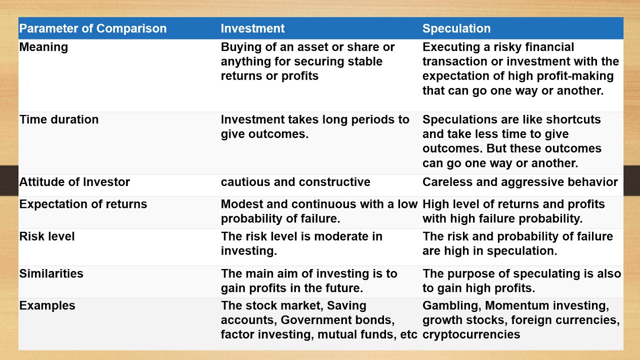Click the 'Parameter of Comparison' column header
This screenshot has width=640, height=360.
coord(93,28)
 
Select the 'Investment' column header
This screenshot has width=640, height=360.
coord(252,28)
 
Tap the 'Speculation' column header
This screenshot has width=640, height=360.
coord(456,28)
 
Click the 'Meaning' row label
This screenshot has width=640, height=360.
coord(43,47)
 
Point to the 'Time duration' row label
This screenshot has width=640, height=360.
coord(59,119)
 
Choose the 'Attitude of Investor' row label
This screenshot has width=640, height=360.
coord(74,182)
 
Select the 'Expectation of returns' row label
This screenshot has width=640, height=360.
coord(83,204)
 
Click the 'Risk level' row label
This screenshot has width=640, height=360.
coord(47,236)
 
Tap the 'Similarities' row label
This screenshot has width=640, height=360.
coord(51,273)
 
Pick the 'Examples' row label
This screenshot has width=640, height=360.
coord(47,305)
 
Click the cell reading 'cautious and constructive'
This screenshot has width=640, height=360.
coord(295,182)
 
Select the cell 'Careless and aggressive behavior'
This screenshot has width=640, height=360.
coord(520,182)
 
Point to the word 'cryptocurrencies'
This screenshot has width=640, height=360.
coord(471,335)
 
